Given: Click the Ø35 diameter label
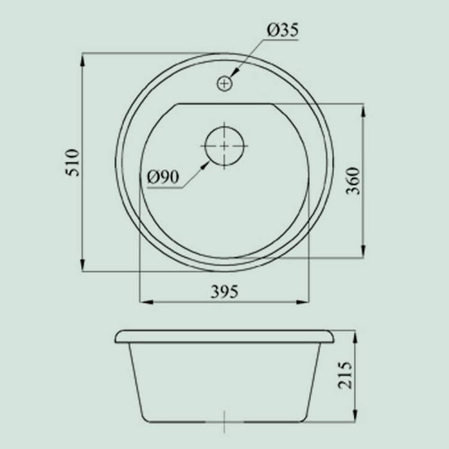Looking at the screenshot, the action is pos(282,31).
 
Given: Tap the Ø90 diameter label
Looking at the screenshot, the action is pos(163,177).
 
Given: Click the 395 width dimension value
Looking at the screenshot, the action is pos(224,292).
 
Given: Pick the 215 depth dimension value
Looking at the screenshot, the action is pos(345,375).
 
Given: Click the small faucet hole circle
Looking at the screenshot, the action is pos(224,84).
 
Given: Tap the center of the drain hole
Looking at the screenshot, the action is pos(224,146).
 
